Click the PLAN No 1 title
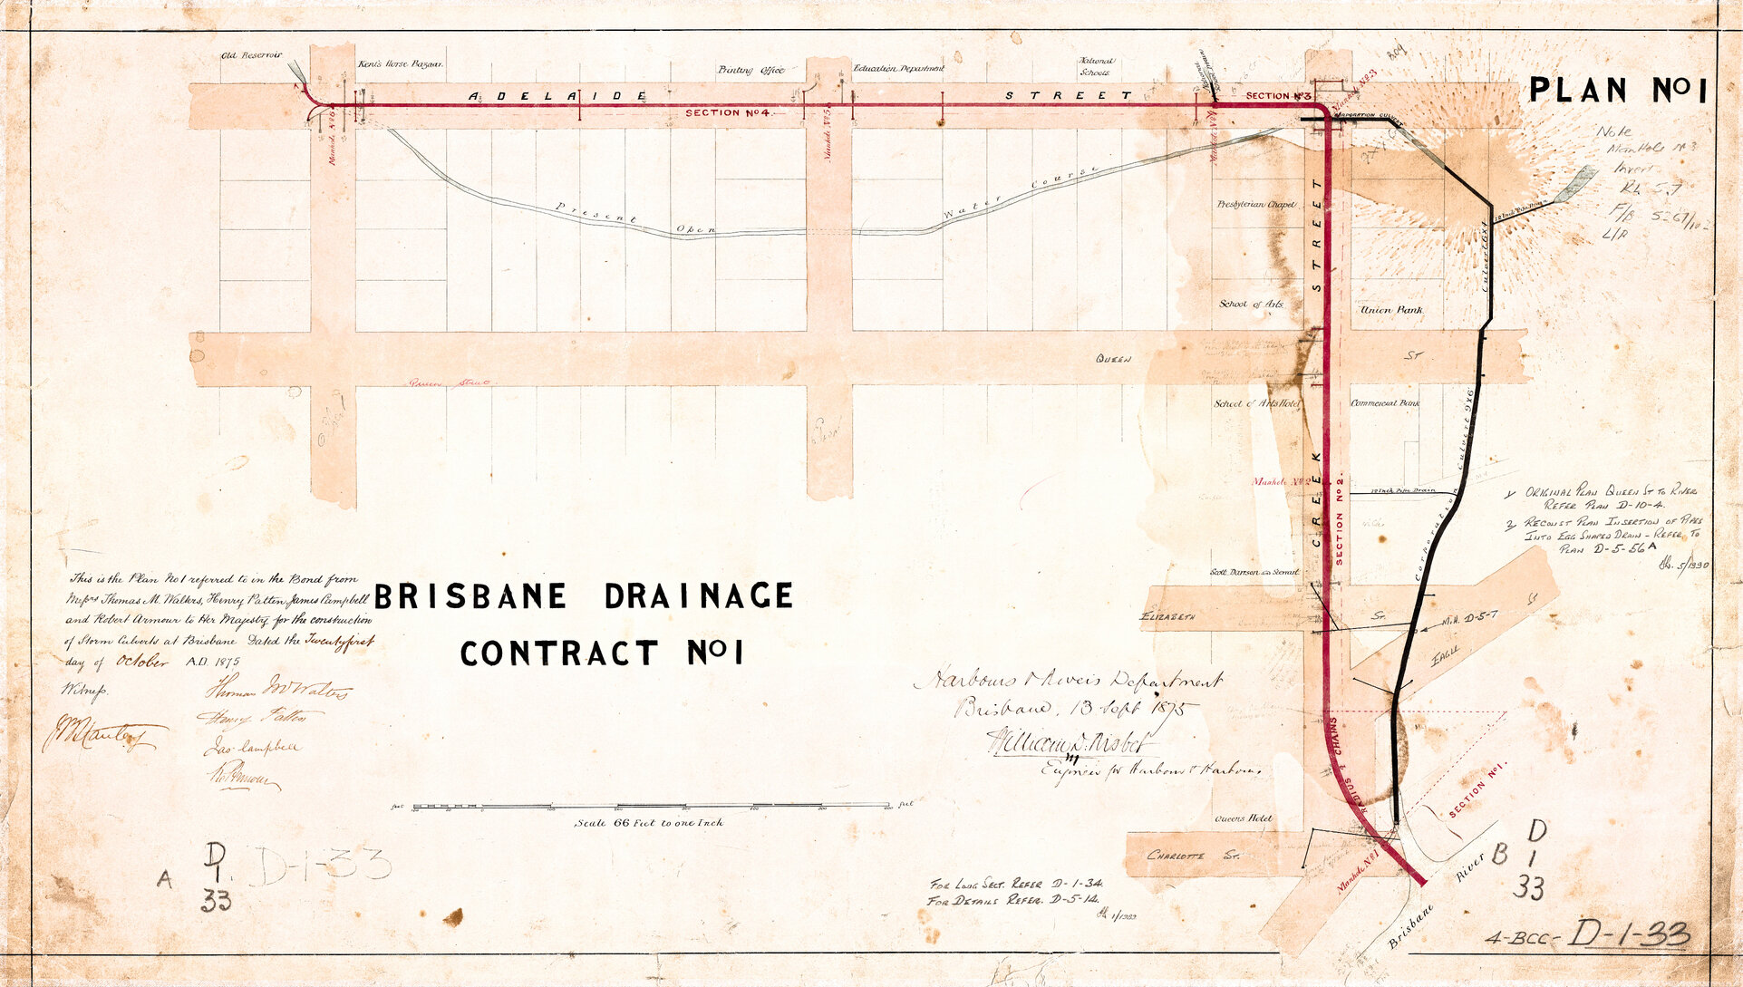click(1617, 91)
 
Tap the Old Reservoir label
click(252, 56)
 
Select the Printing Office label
click(750, 70)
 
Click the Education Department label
click(897, 68)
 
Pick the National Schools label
click(1096, 66)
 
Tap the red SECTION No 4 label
click(727, 113)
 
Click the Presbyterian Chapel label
click(1256, 205)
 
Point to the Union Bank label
click(1391, 310)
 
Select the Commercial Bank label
click(1385, 402)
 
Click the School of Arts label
click(1251, 305)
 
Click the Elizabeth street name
click(1167, 617)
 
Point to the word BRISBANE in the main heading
click(470, 596)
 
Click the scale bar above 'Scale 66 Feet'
click(651, 805)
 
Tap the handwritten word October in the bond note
click(142, 662)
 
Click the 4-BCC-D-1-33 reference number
click(1587, 935)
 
